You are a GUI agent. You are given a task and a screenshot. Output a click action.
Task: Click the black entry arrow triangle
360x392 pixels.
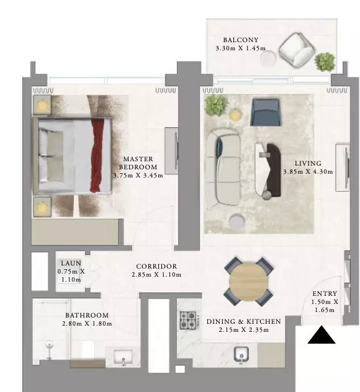coord(322,335)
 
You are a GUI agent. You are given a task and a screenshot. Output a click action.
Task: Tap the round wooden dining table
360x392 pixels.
coord(248,281)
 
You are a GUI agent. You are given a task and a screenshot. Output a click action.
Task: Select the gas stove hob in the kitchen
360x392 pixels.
coord(189,320)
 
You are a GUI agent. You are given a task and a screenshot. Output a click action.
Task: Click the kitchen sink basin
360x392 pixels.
coord(241,354)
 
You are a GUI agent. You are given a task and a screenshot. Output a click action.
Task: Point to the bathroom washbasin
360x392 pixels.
coord(123,357)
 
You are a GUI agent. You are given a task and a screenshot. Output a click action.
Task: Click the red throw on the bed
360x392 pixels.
coord(97,155)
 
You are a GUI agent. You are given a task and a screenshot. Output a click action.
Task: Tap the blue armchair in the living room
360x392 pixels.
coord(265,112)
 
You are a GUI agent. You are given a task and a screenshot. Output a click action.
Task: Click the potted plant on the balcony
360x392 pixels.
coord(325,62)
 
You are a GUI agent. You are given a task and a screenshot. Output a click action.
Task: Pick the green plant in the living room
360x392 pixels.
coord(215,105)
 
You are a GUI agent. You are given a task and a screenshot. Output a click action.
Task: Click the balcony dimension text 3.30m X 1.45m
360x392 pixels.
coord(241,48)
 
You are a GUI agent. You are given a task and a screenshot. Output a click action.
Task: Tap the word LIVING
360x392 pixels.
coord(308,163)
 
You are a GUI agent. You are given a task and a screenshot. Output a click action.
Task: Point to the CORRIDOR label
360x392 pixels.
coord(156,266)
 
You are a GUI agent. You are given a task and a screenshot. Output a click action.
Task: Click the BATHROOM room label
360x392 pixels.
coord(87,315)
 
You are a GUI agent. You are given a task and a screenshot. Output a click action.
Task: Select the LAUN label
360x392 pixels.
coord(71,263)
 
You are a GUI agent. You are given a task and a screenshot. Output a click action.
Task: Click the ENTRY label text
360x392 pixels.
coord(325,293)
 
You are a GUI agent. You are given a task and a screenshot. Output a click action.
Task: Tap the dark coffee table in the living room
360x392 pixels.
coord(272,170)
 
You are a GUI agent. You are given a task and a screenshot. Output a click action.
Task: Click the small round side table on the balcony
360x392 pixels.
coord(268,58)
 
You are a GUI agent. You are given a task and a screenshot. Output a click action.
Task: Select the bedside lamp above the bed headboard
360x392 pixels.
coord(42,105)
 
